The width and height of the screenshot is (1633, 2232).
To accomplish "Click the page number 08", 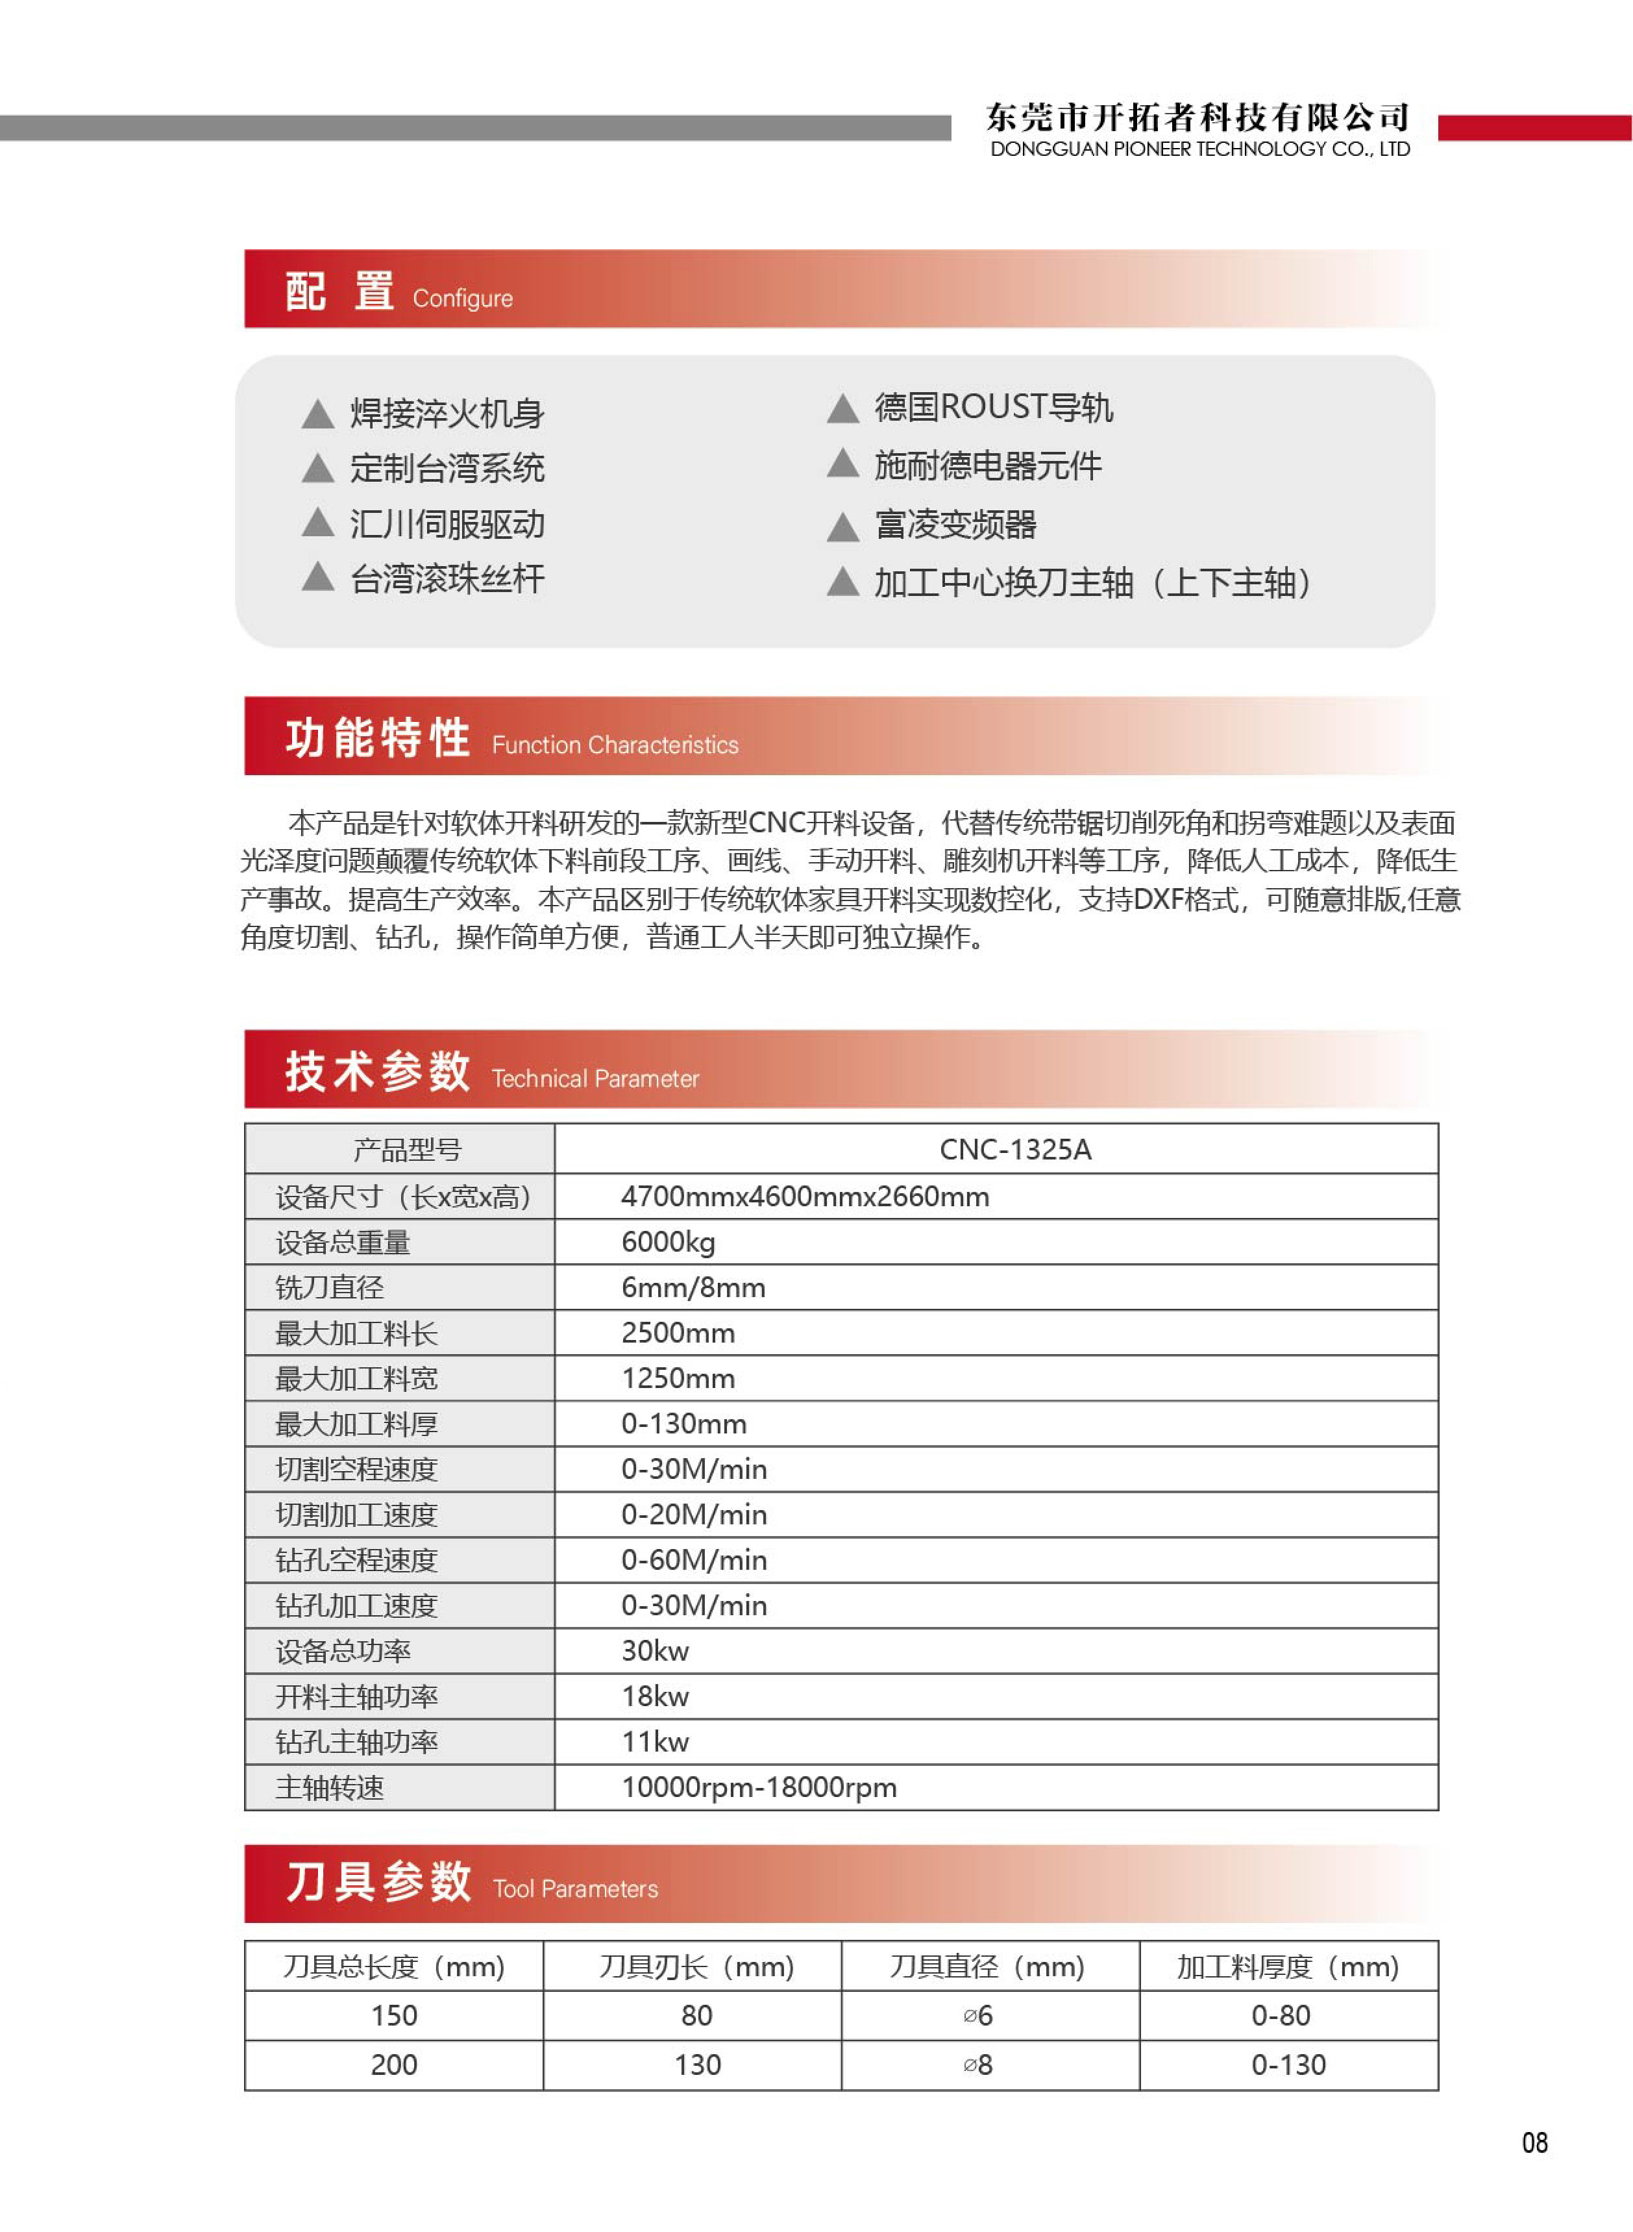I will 1534,2142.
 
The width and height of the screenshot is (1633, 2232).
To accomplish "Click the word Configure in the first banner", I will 463,299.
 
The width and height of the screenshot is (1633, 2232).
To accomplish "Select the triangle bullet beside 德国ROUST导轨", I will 842,408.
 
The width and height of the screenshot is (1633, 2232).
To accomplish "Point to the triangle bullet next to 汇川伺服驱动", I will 317,523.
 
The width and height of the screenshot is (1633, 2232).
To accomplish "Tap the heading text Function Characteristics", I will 615,745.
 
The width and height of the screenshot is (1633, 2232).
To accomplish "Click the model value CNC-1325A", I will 1015,1150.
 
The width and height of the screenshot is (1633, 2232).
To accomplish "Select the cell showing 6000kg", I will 669,1243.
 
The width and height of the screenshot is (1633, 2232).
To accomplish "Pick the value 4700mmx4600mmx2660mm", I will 805,1197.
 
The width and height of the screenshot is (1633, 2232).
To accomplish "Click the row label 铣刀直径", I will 329,1288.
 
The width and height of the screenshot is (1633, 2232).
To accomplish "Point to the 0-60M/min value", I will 694,1561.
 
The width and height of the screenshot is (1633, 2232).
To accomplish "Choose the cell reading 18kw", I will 654,1697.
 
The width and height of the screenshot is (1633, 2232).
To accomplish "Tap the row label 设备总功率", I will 343,1652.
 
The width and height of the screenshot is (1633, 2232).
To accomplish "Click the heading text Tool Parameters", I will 575,1889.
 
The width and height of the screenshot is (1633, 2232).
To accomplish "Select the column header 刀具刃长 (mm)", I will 696,1967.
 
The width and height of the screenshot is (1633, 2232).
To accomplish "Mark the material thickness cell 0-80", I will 1281,2016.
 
